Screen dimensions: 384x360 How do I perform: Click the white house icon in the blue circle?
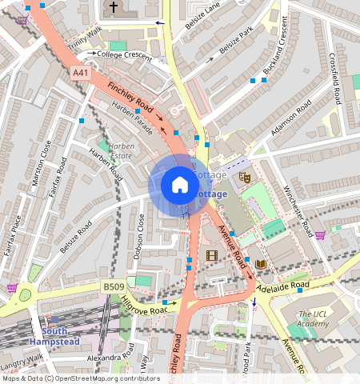[x=180, y=185]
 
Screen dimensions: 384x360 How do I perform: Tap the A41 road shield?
[x=80, y=73]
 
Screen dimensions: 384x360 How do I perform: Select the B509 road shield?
[x=113, y=285]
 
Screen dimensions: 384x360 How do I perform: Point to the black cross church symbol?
[x=114, y=8]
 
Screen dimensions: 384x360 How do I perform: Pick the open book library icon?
[x=261, y=264]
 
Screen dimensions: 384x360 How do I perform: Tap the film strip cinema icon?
[x=211, y=256]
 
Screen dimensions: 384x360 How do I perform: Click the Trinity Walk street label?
[x=86, y=38]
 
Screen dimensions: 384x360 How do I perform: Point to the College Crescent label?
[x=124, y=54]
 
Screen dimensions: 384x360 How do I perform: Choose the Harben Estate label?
[x=121, y=151]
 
